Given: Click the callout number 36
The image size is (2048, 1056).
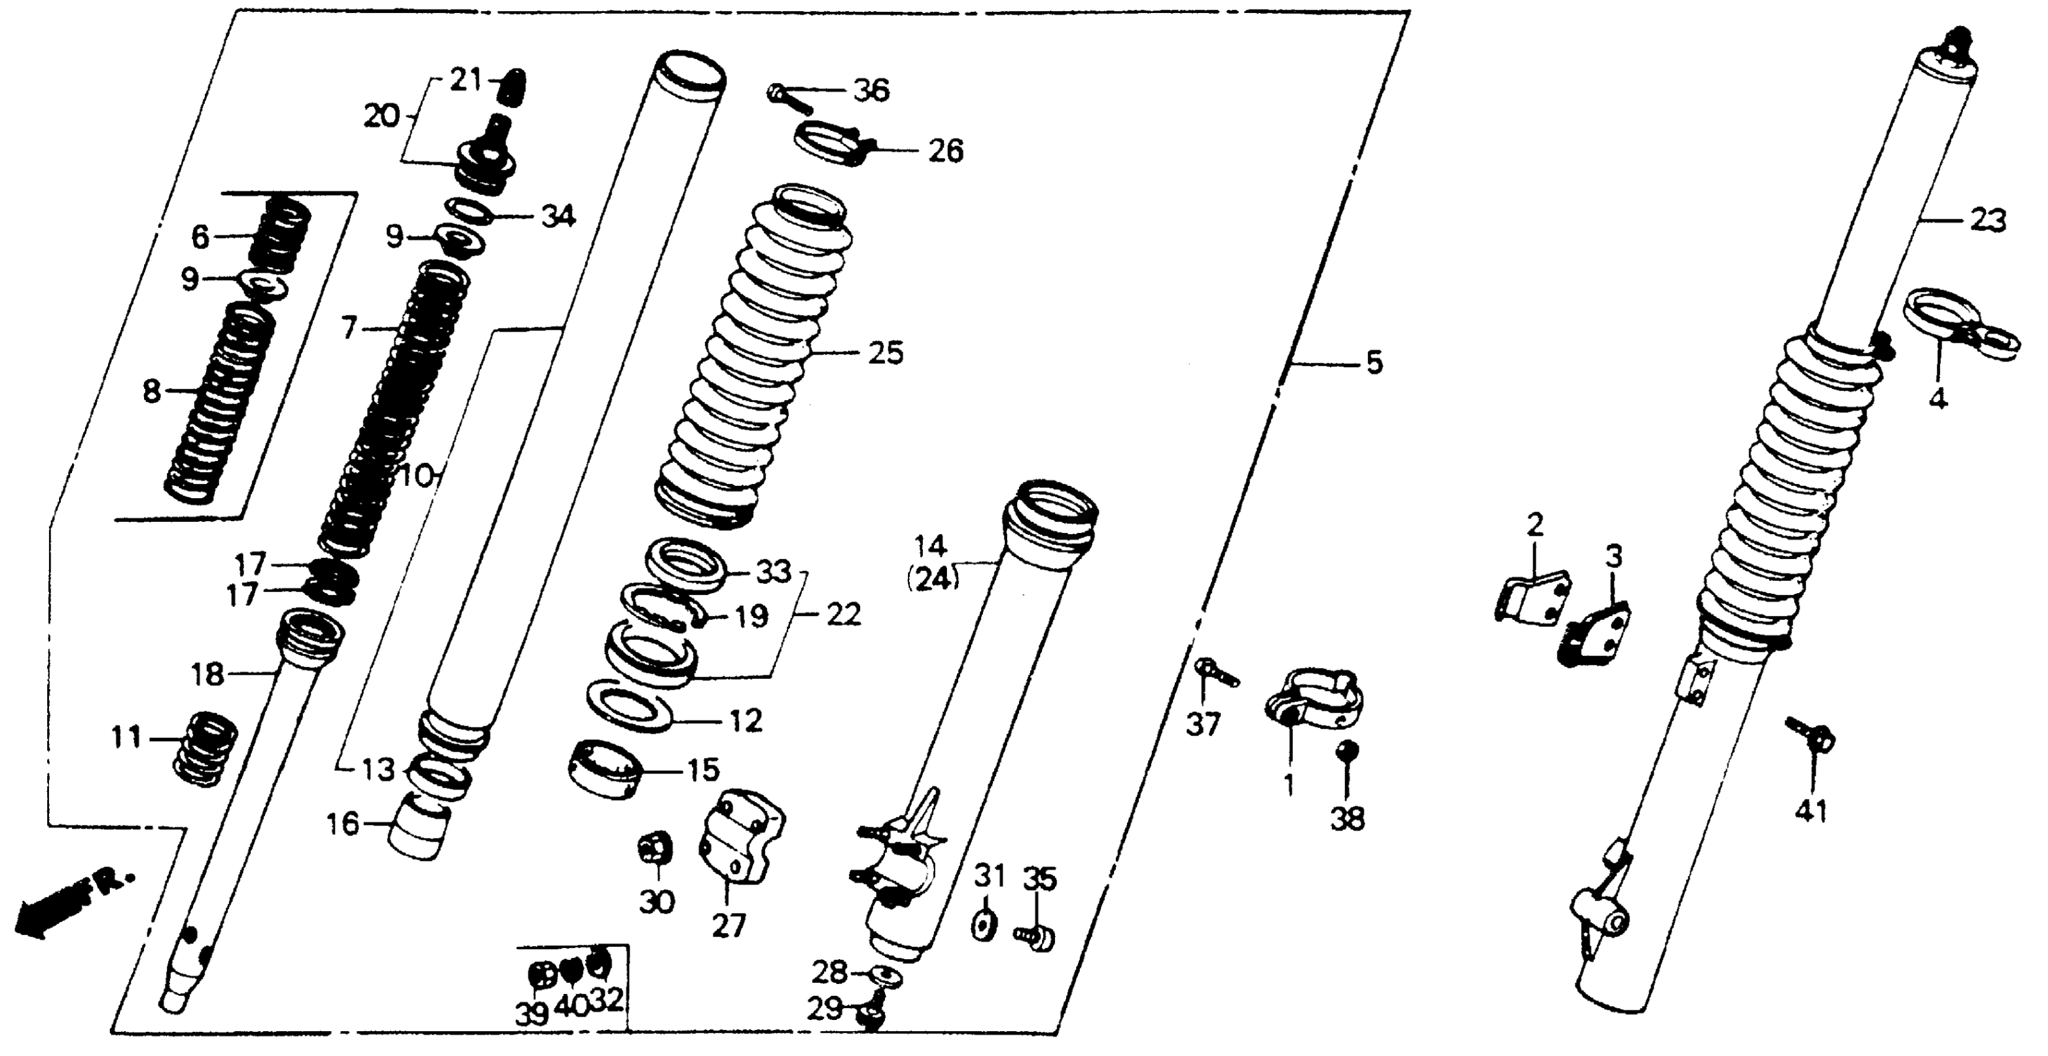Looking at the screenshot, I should (871, 91).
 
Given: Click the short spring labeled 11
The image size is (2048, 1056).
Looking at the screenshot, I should (205, 747).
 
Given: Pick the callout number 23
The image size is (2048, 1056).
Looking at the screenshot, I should (1988, 221).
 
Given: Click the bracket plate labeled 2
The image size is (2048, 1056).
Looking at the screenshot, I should (1531, 596).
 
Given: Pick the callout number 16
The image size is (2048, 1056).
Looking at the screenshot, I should (343, 824).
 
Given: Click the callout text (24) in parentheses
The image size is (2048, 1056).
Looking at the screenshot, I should (933, 580).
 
